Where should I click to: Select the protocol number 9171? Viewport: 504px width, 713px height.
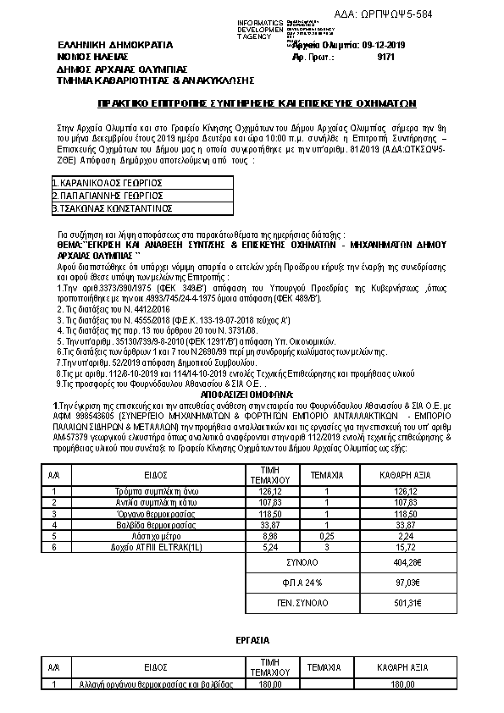point(385,57)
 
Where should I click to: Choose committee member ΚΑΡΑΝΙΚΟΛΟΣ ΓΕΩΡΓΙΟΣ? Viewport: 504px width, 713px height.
point(108,182)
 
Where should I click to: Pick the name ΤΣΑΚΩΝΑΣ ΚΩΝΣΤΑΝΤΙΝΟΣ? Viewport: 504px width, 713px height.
point(114,207)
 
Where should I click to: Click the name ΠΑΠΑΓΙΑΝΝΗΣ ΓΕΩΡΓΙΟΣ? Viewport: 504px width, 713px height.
point(108,195)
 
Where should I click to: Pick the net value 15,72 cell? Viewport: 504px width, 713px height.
point(406,547)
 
